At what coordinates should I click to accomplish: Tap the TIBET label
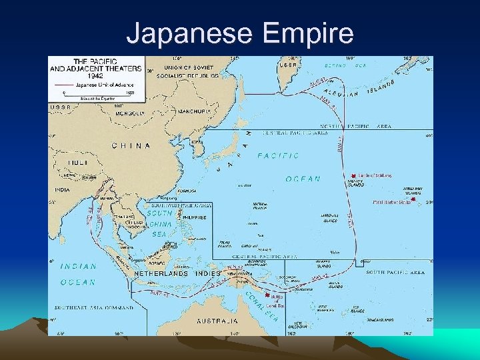[79, 162]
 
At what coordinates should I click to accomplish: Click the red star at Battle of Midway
[353, 176]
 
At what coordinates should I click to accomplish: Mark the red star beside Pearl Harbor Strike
[414, 200]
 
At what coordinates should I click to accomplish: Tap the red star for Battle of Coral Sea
[267, 295]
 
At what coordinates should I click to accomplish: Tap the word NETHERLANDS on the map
[161, 274]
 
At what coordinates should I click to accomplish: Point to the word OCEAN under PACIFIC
[303, 179]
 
